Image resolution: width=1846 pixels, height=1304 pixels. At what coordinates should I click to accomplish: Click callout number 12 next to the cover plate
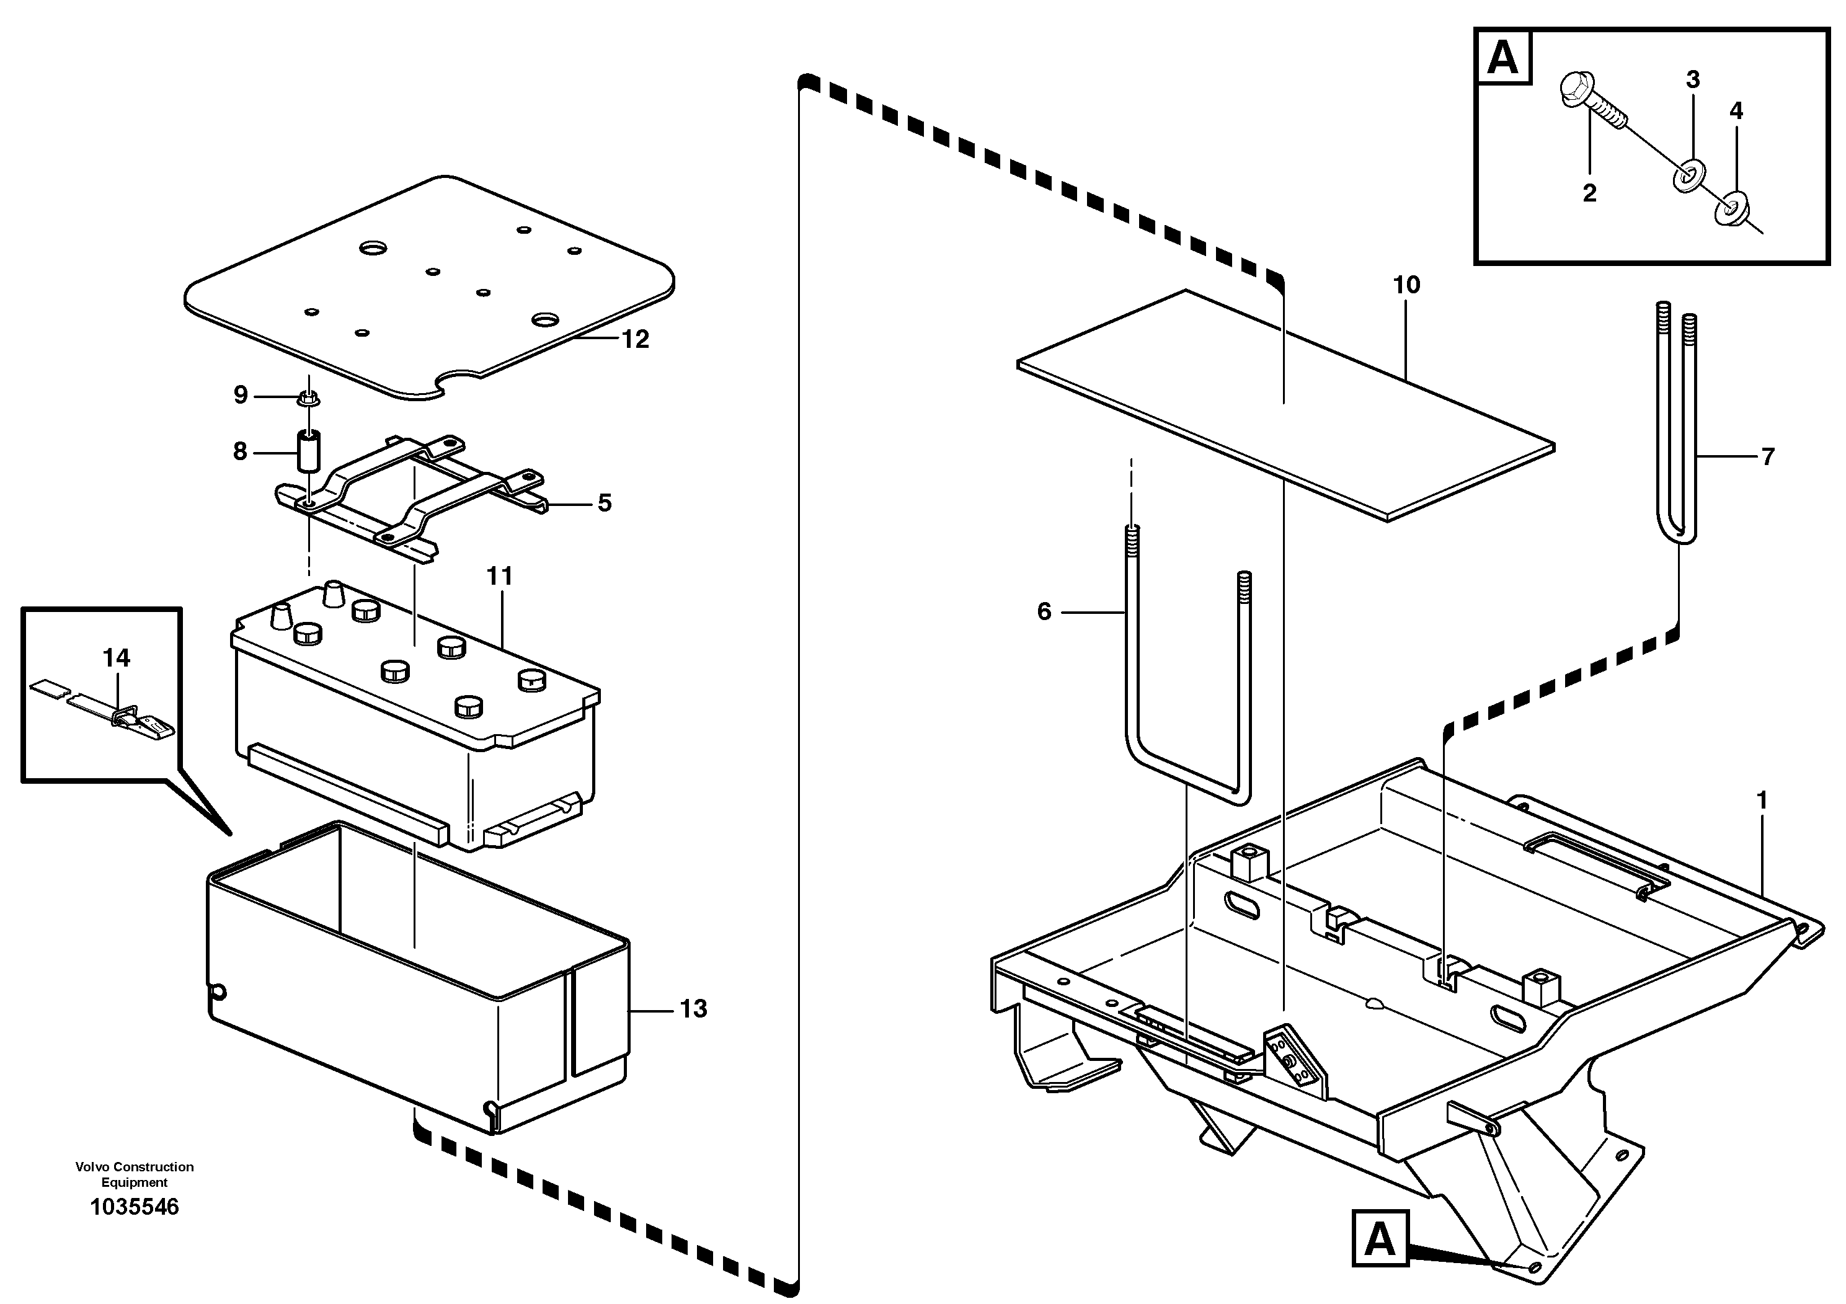coord(635,340)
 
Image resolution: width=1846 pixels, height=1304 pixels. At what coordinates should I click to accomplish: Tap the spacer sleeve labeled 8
coord(309,452)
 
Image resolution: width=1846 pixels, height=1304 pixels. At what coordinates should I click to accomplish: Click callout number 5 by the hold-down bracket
coord(605,503)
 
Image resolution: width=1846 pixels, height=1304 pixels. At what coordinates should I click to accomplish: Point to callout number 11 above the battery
coord(499,577)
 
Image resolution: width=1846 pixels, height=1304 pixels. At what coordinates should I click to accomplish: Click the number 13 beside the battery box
coord(693,1009)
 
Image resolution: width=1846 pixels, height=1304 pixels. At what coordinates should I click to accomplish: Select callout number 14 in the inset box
coord(116,659)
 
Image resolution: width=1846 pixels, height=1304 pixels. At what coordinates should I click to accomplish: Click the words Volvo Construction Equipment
coord(135,1174)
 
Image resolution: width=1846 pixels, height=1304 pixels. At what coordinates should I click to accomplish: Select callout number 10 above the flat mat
coord(1407,285)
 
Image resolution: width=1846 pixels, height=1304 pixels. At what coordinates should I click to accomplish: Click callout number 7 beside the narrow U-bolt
coord(1767,456)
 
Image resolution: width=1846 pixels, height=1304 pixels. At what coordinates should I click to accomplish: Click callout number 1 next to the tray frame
coord(1762,801)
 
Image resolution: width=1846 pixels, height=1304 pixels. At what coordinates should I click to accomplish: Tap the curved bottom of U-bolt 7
coord(1679,534)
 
